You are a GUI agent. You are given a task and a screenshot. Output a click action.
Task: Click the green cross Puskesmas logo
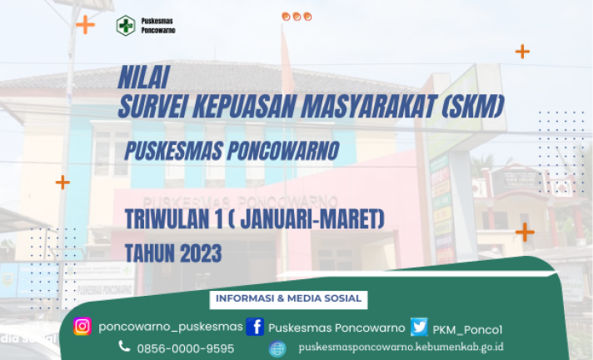[126, 25]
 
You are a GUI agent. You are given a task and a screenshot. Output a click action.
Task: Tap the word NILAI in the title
[144, 77]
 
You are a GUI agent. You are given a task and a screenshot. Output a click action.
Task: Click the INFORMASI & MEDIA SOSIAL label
[288, 298]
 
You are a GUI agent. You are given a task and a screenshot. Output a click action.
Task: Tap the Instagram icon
[82, 327]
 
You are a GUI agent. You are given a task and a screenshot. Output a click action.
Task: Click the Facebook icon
[256, 327]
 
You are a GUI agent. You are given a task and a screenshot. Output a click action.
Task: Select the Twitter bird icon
[419, 327]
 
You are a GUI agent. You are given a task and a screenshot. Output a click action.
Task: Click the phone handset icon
[124, 346]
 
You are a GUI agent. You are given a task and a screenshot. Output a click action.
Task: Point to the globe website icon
[277, 348]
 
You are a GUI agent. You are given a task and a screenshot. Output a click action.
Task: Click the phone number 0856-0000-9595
[186, 348]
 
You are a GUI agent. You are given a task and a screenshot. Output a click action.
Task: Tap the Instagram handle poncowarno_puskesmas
[171, 327]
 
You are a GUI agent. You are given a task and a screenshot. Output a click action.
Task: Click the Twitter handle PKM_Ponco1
[467, 330]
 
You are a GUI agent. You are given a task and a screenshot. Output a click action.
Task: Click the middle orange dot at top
[296, 17]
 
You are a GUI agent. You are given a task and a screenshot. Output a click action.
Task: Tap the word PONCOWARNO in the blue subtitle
[283, 151]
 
